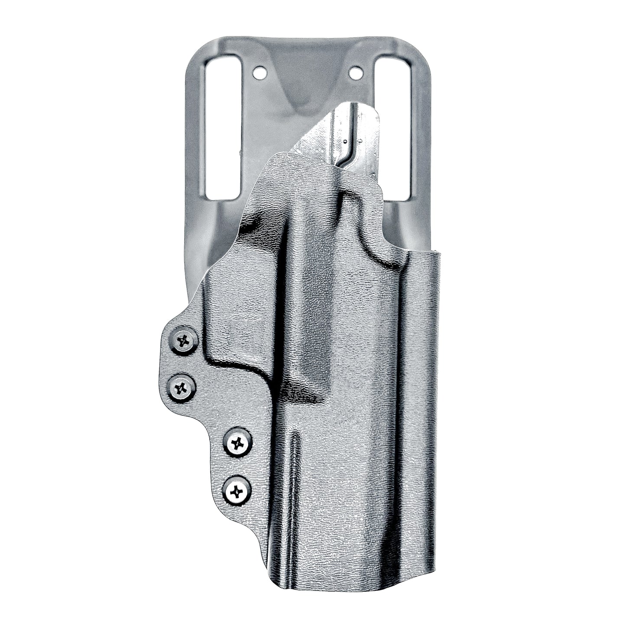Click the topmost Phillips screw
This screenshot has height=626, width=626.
pos(183,341)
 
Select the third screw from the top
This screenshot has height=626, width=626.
pos(238,443)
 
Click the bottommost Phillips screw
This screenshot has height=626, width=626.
pos(237,491)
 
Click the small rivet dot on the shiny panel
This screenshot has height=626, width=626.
pos(345,141)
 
